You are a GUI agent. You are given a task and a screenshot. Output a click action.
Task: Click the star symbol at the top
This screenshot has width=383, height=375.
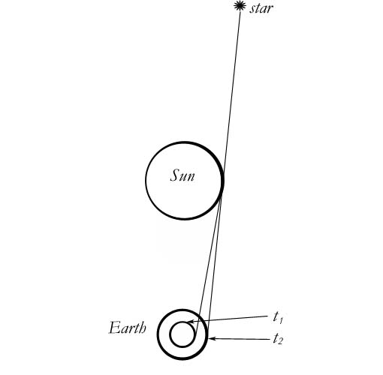tap(240, 6)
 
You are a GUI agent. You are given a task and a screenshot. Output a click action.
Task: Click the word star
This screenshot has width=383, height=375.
tap(261, 8)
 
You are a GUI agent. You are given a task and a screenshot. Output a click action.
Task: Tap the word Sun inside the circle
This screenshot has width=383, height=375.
tap(182, 175)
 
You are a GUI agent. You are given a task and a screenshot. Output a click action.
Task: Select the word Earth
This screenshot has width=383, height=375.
tap(128, 328)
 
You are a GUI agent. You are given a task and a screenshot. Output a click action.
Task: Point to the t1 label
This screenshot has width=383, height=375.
tap(278, 318)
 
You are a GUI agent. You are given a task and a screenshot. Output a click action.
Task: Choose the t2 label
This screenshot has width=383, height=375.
tap(278, 339)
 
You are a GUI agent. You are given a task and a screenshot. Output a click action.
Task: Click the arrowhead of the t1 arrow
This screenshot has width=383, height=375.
tap(190, 322)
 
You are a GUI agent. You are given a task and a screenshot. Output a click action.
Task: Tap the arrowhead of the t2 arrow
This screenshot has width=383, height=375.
tap(212, 338)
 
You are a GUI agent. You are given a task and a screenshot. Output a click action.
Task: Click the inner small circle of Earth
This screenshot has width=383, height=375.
tap(170, 334)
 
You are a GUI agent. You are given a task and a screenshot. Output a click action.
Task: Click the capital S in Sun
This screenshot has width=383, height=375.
tap(175, 175)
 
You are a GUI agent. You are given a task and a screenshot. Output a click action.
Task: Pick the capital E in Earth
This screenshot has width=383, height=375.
tap(114, 328)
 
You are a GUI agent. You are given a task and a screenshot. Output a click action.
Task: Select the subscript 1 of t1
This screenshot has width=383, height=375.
tap(281, 320)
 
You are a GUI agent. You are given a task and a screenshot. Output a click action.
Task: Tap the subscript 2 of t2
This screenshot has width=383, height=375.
tap(280, 342)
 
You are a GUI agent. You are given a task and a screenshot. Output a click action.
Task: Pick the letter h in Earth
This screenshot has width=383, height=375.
tap(143, 328)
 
